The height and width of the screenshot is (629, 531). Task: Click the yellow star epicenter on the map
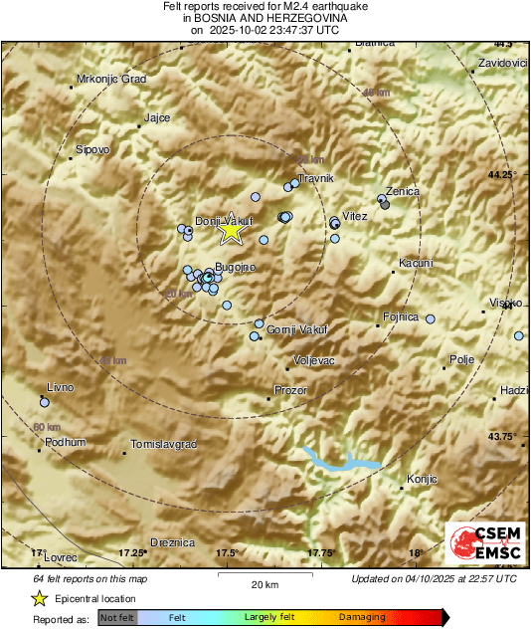231,231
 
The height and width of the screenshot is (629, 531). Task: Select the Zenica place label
403,191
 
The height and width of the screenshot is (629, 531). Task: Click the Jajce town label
157,117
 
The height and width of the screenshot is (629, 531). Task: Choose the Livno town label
60,388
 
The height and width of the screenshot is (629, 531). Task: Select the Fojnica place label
401,317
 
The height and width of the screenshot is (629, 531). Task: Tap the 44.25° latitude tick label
503,174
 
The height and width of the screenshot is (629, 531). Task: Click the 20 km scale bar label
265,583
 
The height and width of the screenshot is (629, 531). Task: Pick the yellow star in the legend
39,598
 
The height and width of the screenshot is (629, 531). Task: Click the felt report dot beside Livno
44,402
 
